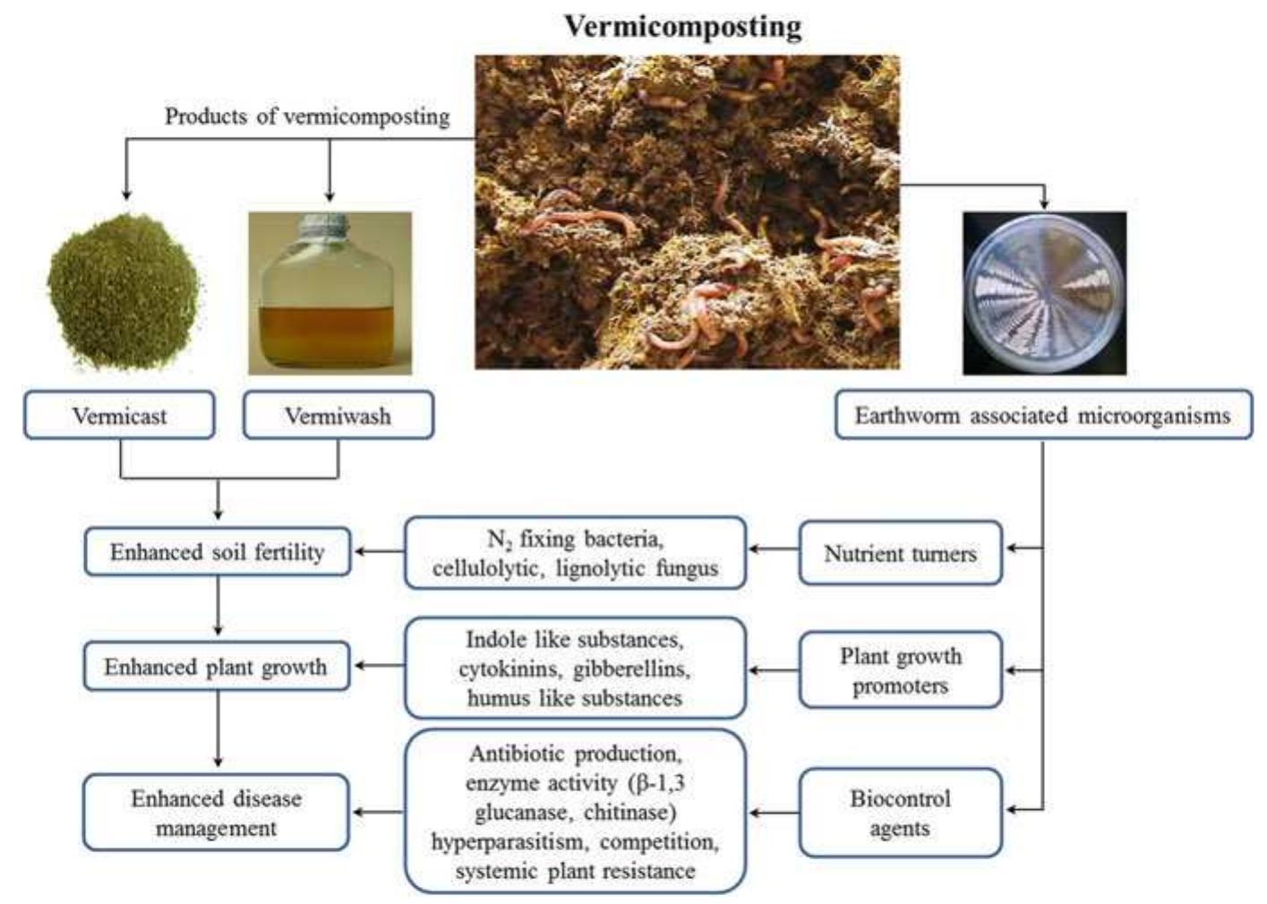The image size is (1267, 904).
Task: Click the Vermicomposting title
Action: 683,27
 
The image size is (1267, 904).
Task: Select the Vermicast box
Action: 119,415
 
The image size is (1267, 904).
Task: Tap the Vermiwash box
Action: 338,415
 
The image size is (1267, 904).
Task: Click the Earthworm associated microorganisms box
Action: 1043,414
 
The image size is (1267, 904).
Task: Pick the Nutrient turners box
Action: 901,553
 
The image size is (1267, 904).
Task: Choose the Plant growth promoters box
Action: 901,669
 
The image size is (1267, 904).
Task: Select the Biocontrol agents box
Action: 901,813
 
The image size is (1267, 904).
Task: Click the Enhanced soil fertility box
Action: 218,551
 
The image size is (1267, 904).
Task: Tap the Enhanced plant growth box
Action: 217,666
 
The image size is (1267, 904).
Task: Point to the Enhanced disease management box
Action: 216,813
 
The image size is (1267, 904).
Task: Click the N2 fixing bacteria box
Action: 575,553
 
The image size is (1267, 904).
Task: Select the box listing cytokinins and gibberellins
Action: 575,668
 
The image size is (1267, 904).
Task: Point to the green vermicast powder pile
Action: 124,291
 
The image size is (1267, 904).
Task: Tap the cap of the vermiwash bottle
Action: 323,225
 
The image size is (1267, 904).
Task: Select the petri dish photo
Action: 1045,293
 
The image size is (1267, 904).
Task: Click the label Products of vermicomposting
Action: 307,116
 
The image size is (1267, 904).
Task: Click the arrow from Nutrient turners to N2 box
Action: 774,548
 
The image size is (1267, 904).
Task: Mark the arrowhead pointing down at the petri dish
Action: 1044,203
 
